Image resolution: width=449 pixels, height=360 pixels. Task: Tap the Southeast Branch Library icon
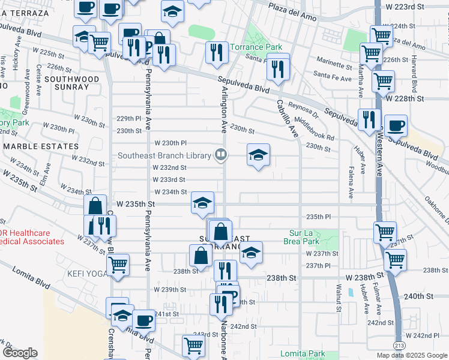coord(221,155)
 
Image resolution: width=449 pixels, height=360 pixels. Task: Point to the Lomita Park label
coord(303,353)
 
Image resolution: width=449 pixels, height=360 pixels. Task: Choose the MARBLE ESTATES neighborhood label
coord(41,146)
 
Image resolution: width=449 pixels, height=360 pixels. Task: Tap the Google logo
coord(20,353)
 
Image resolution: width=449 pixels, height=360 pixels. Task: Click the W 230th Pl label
coord(171,143)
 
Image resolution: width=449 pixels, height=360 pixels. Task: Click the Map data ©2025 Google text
coord(411,355)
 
